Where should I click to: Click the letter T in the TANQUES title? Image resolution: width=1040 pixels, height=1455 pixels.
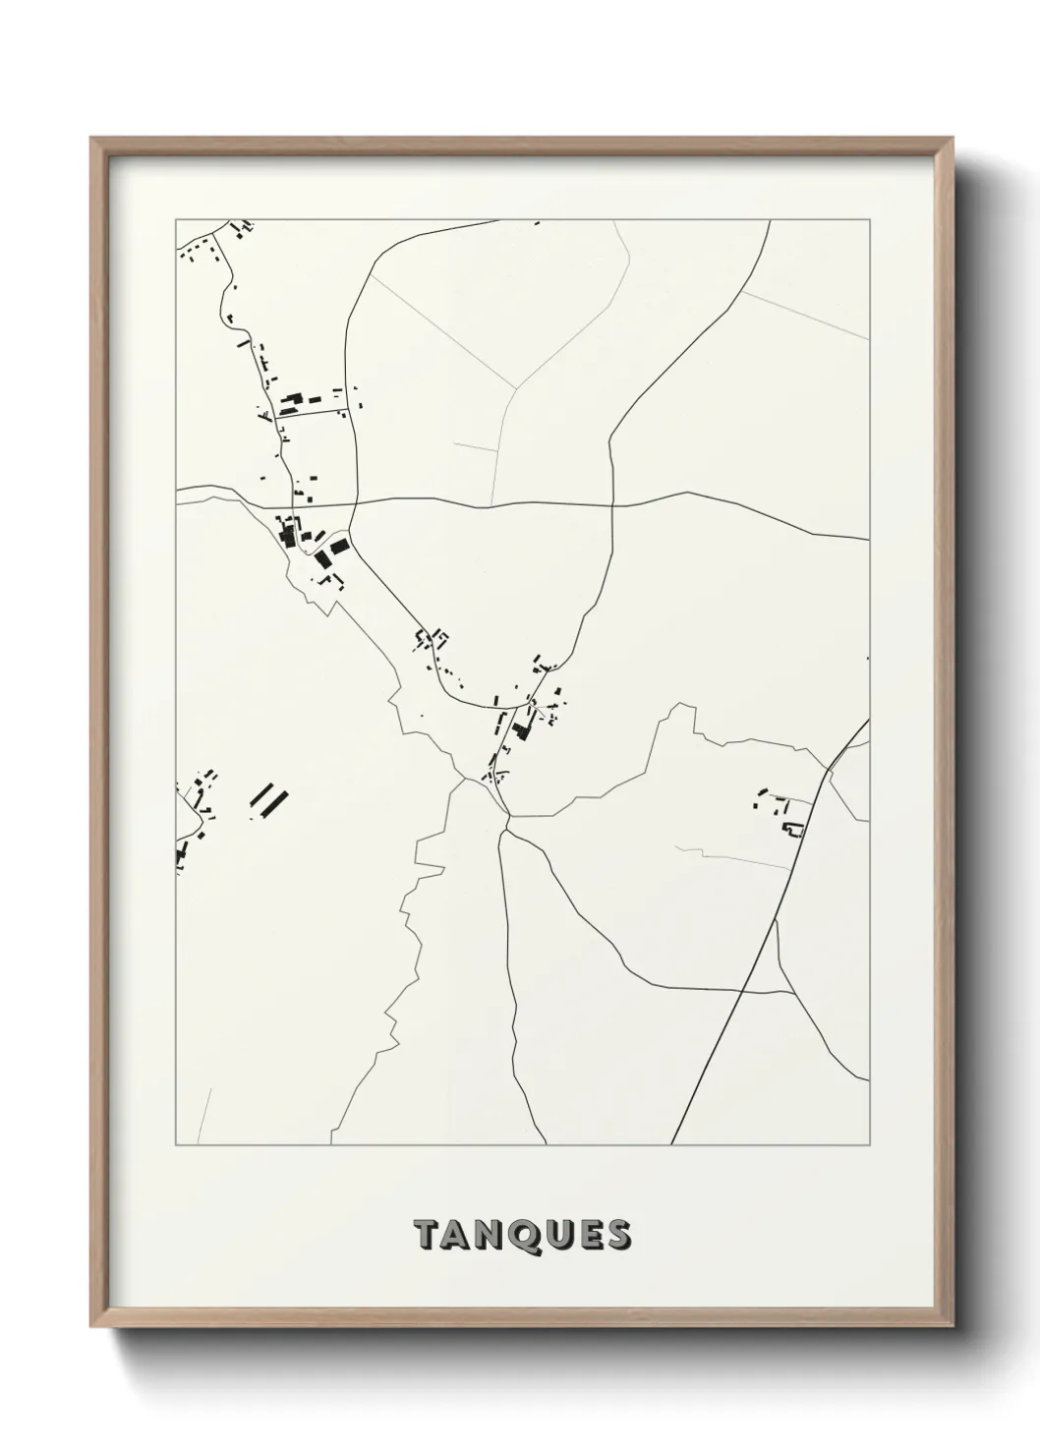(x=426, y=1235)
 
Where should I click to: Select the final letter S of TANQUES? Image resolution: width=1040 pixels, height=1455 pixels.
(x=618, y=1235)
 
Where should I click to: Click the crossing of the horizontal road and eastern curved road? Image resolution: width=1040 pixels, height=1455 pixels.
(x=611, y=505)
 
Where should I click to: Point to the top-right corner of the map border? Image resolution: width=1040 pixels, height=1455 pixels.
(x=869, y=220)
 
